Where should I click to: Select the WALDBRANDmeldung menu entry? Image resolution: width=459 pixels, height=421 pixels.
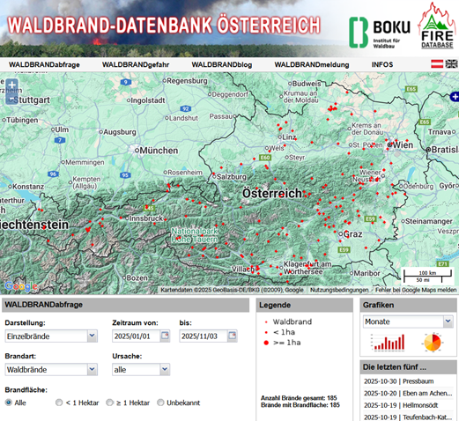pyautogui.click(x=310, y=64)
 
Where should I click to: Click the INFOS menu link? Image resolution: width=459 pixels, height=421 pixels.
pyautogui.click(x=382, y=64)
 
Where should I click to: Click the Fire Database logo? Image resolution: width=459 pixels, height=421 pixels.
pyautogui.click(x=436, y=26)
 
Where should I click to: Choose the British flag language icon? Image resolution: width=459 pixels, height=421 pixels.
pyautogui.click(x=451, y=64)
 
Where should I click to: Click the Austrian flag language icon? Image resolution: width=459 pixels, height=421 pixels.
pyautogui.click(x=436, y=64)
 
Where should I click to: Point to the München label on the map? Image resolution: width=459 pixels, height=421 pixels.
pyautogui.click(x=159, y=150)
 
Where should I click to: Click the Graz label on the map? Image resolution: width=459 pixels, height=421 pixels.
pyautogui.click(x=354, y=234)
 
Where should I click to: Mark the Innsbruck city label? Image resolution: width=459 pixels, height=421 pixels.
pyautogui.click(x=145, y=217)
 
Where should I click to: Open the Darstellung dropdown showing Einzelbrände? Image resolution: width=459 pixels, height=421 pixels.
pyautogui.click(x=51, y=336)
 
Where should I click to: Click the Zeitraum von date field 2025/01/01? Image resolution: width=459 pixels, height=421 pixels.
pyautogui.click(x=137, y=336)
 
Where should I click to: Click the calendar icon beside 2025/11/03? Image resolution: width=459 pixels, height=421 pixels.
pyautogui.click(x=233, y=336)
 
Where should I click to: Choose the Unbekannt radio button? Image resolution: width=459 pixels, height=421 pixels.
pyautogui.click(x=161, y=403)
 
